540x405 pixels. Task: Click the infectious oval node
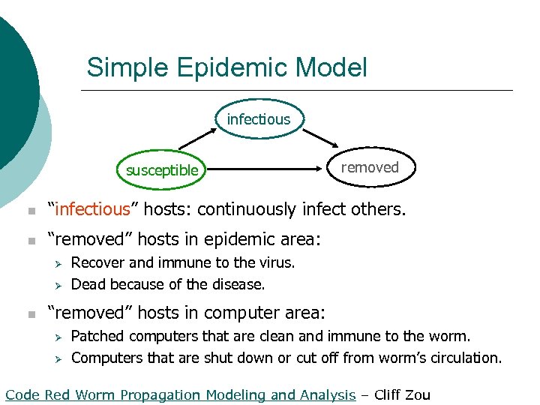coord(258,119)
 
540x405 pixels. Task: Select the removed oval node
coord(369,167)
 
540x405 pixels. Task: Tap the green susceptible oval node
coord(162,170)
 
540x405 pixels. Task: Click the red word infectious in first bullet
coord(89,209)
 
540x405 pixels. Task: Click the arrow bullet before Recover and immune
coord(55,263)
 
